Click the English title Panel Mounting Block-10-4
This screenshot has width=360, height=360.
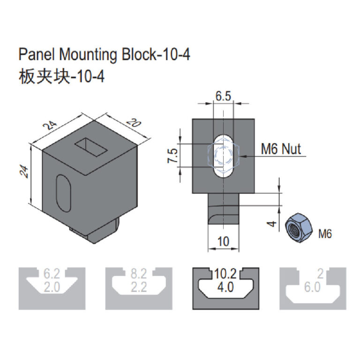coord(104,55)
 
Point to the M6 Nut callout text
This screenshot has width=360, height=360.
coord(281,150)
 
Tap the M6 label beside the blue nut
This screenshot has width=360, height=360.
coord(325,233)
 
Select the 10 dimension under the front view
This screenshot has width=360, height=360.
coord(224,241)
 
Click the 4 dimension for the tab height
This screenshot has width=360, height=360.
coord(271,224)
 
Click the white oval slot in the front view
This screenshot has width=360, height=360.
coord(224,156)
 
